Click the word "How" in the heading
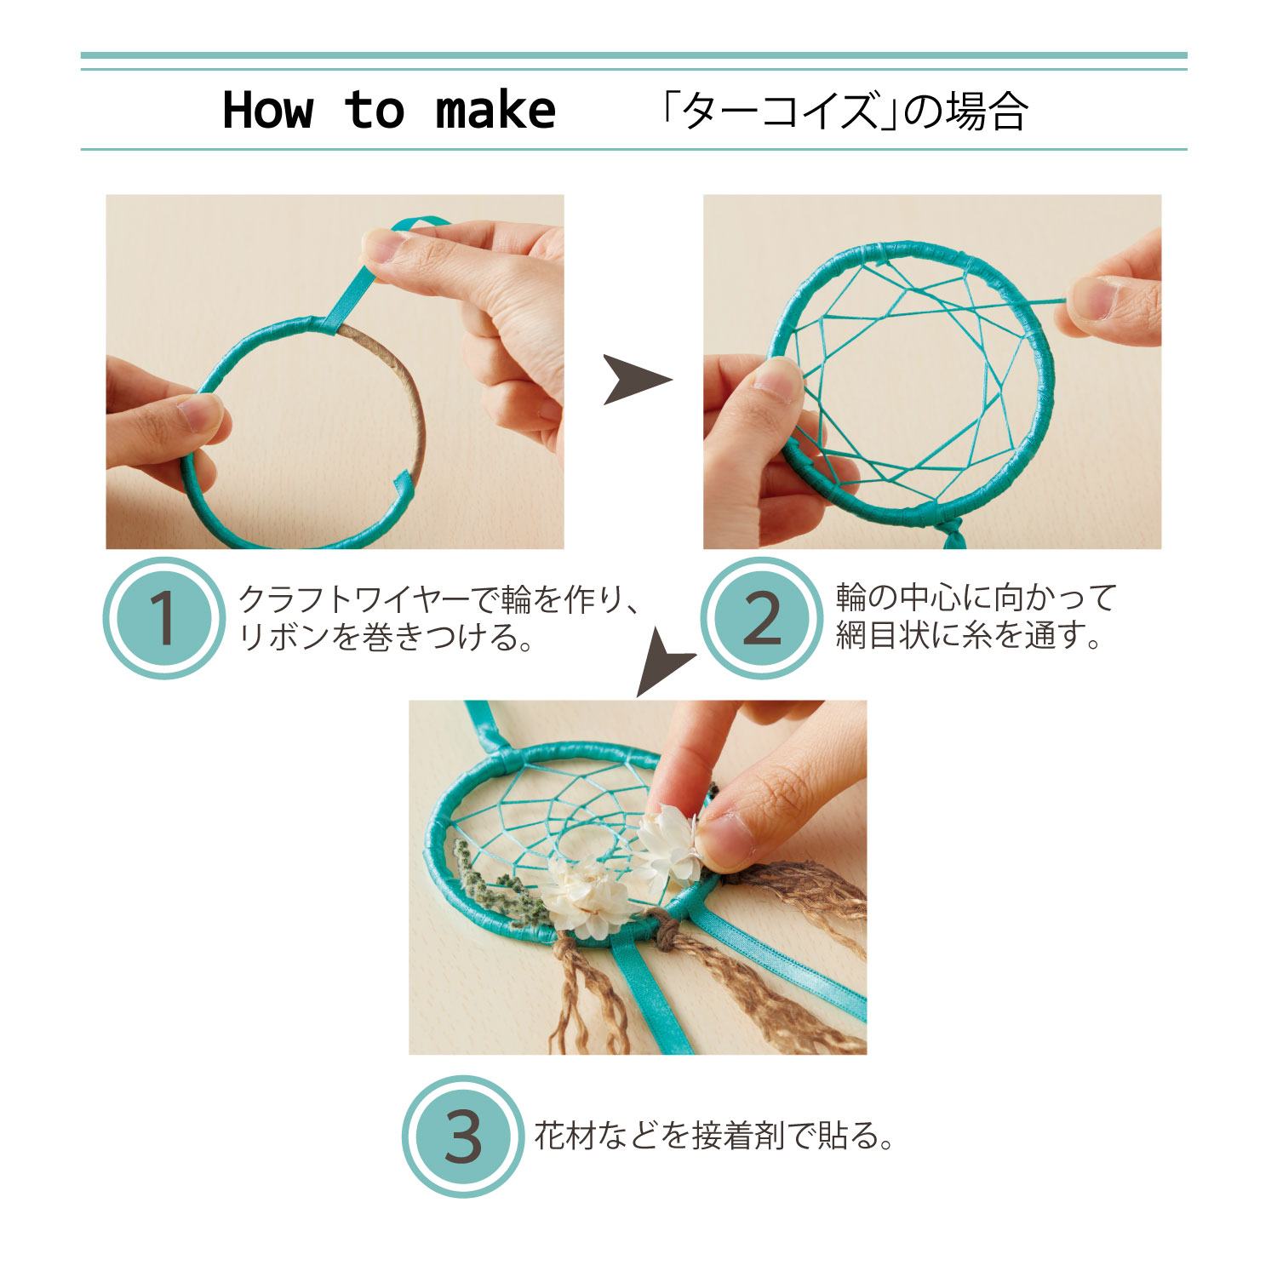[x=268, y=111]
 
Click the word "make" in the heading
[x=495, y=112]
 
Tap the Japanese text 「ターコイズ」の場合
[x=844, y=112]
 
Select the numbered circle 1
[x=163, y=617]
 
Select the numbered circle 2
[x=762, y=617]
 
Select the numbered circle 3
[x=463, y=1137]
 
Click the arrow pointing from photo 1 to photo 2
[x=637, y=379]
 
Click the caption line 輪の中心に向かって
[x=976, y=598]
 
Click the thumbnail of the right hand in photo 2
[x=1092, y=297]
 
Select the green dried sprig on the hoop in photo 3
[x=498, y=885]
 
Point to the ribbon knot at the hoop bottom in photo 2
[x=953, y=533]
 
